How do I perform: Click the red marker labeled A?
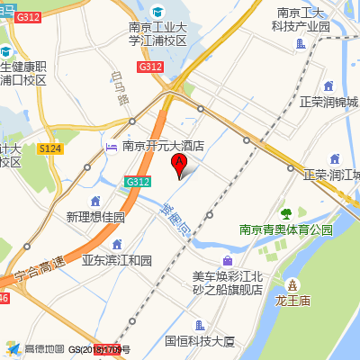tap(179, 165)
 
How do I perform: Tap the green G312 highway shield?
tap(138, 182)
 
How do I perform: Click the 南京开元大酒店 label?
tap(164, 145)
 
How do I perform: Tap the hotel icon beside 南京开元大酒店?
tap(112, 145)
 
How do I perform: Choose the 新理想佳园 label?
tap(95, 217)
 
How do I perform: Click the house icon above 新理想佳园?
tap(95, 201)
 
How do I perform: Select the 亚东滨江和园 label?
tap(117, 260)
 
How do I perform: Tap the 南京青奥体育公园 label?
tap(286, 229)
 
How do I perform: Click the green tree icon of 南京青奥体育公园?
tap(286, 213)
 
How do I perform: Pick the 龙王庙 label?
tap(292, 299)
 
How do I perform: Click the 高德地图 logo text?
tap(44, 348)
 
